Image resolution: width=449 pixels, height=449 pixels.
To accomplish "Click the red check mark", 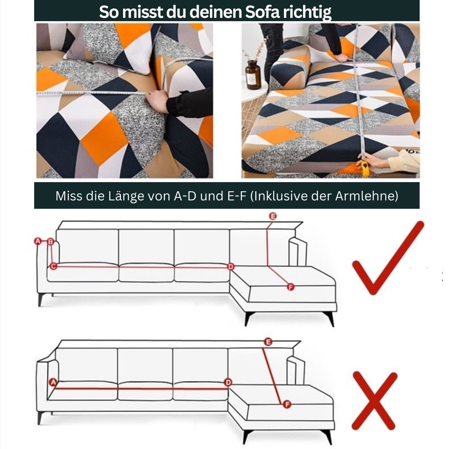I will tap(387, 258).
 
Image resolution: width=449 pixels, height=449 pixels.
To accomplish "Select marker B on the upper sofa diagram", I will tap(51, 241).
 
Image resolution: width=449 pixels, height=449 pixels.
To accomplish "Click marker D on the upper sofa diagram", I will tap(231, 266).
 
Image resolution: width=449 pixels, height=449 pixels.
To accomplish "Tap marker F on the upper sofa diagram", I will tap(291, 287).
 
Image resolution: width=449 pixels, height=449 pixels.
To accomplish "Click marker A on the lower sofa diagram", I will tap(53, 382).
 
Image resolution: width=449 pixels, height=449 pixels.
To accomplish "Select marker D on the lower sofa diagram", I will tap(228, 382).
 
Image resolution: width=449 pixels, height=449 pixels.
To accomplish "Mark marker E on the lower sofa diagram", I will tap(268, 342).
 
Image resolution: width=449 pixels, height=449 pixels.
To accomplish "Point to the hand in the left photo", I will tap(157, 101).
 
